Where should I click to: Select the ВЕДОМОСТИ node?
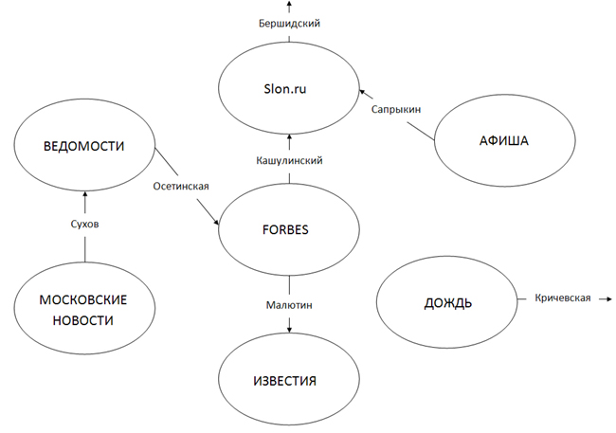[84, 148]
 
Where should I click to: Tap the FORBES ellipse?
[289, 228]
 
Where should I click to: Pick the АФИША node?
[502, 142]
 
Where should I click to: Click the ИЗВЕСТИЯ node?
[289, 381]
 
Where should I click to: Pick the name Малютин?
[289, 305]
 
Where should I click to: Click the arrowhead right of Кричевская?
[607, 298]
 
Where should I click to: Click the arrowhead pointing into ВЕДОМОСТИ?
[84, 195]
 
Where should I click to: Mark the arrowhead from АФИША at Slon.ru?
[361, 91]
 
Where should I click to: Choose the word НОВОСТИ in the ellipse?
[83, 320]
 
